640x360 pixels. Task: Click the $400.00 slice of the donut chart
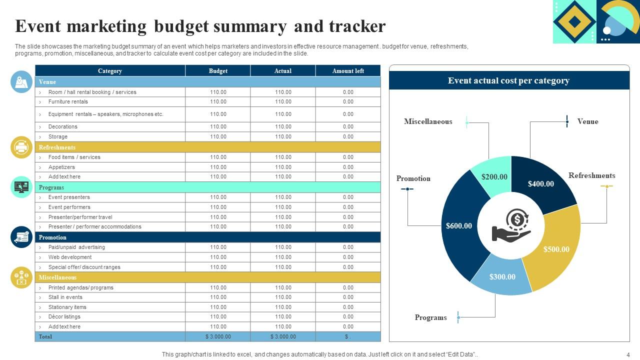coord(541,184)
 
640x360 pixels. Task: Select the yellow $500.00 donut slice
coord(556,249)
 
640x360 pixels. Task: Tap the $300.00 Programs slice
coord(502,276)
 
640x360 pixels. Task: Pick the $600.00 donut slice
coord(459,226)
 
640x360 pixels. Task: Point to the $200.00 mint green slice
coord(494,176)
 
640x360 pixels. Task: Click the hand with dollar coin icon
coord(511,225)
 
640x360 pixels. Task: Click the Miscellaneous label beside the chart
coord(428,121)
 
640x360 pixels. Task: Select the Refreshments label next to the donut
coord(591,175)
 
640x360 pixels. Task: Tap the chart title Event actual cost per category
coord(508,80)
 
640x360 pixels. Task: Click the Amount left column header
coord(348,71)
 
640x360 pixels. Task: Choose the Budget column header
coord(218,71)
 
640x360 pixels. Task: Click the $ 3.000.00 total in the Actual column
coord(283,336)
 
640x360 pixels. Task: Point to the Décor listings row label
coord(64,316)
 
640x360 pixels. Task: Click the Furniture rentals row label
coord(68,101)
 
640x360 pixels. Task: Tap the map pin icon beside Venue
coord(21,81)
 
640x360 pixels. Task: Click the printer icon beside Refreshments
coord(21,147)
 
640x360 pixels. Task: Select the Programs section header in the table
coord(51,187)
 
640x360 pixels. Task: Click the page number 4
coord(628,354)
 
